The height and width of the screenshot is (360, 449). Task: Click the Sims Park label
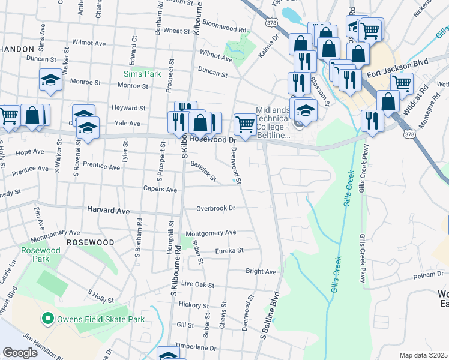coord(142,74)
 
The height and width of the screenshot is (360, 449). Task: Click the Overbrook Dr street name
coord(215,208)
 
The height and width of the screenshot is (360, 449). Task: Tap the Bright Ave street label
coord(261,271)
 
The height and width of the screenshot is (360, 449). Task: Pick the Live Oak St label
coord(197,283)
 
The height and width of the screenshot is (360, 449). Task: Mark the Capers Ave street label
coord(160,189)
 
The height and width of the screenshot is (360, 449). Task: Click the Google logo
coord(20,353)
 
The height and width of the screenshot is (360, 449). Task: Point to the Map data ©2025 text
coord(423,355)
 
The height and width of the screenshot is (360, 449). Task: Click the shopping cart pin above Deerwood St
coord(245,124)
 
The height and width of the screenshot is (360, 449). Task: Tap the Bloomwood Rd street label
coord(224,29)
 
